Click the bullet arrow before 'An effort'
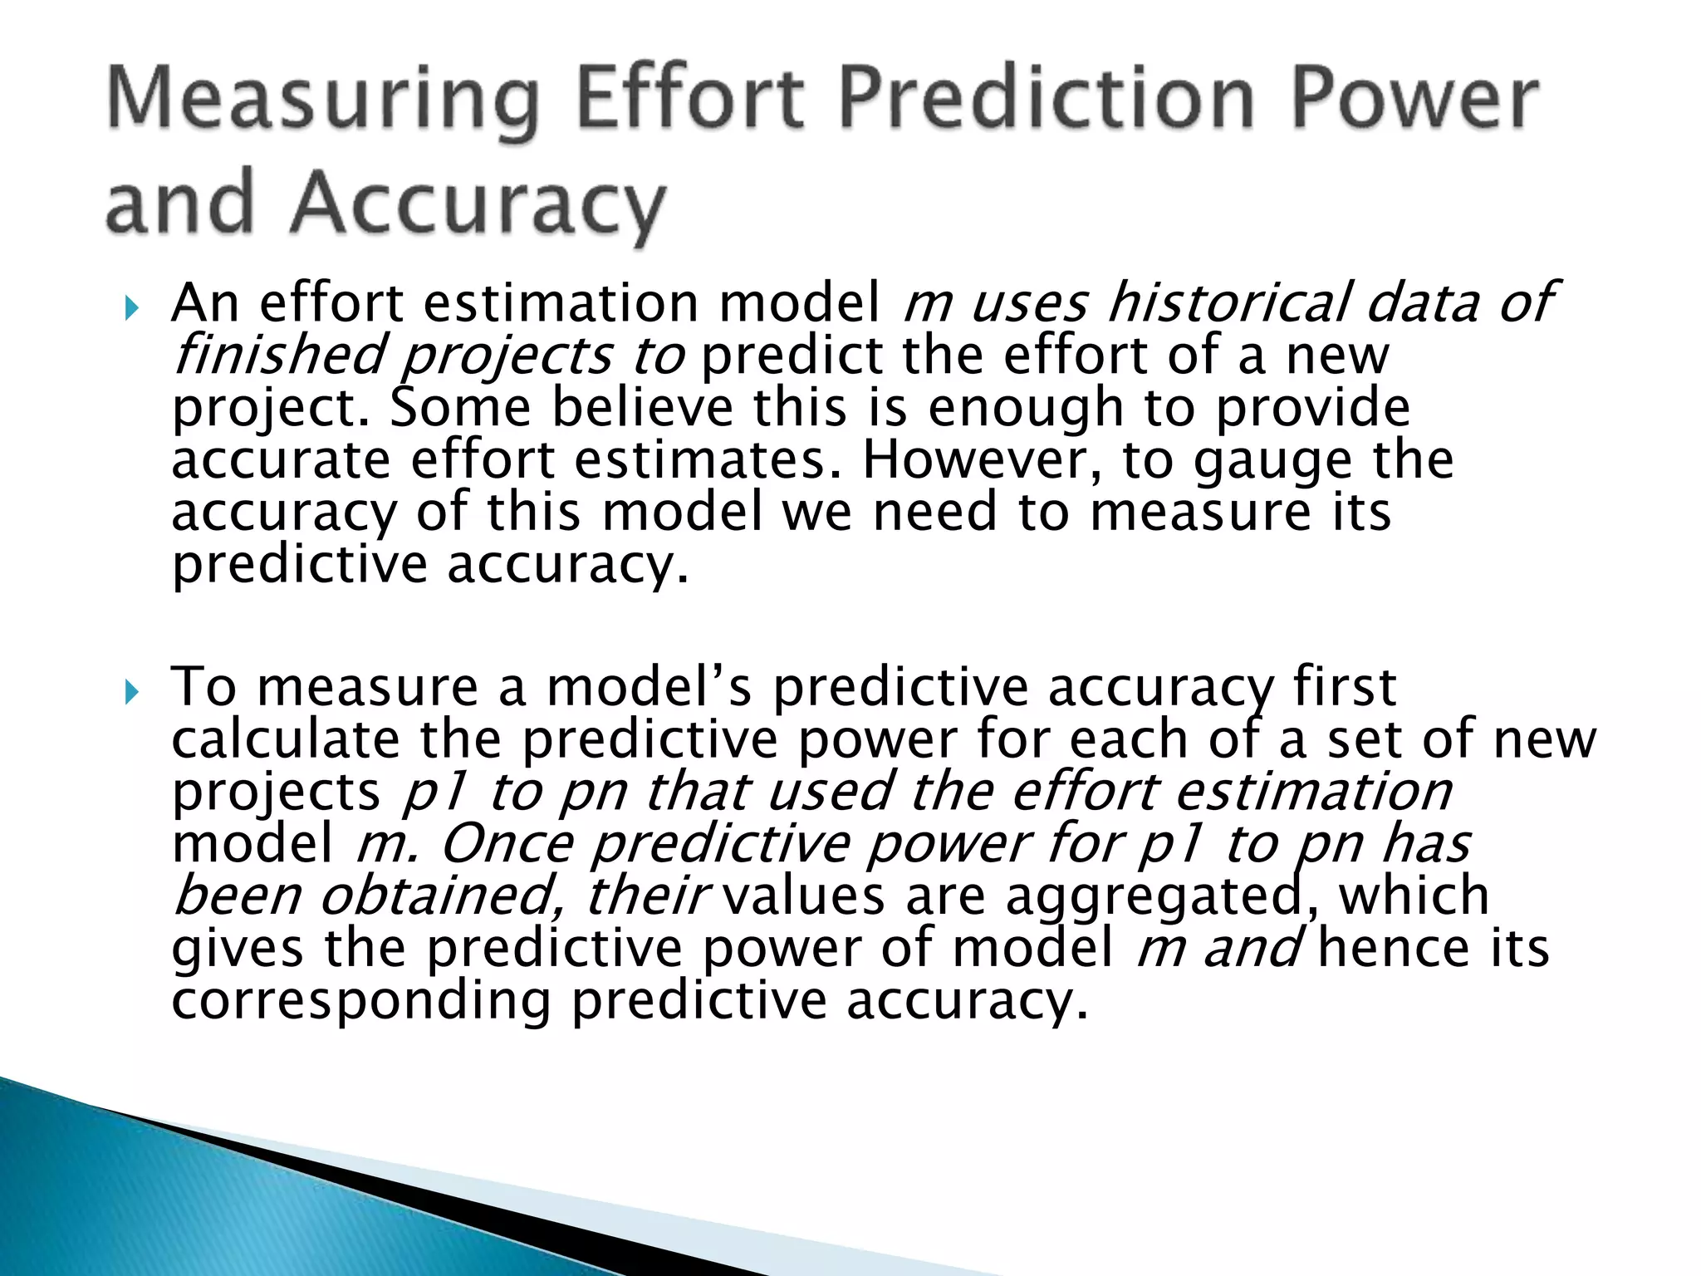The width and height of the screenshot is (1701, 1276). click(x=131, y=309)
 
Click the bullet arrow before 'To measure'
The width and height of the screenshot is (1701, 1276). click(x=131, y=691)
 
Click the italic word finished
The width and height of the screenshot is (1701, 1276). click(x=279, y=356)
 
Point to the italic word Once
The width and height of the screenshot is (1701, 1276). click(x=506, y=844)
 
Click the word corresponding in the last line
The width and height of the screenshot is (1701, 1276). click(x=360, y=1002)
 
